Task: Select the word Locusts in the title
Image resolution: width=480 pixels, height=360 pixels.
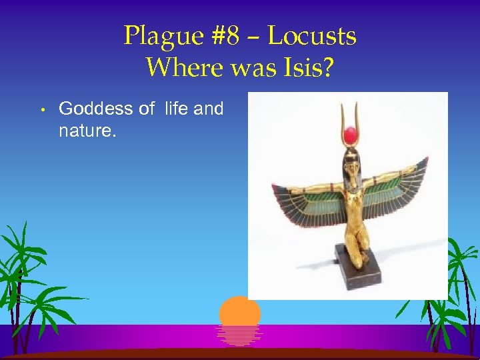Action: point(312,36)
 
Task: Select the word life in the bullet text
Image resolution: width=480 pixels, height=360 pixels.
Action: point(177,109)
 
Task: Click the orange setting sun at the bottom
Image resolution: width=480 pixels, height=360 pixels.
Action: point(240,311)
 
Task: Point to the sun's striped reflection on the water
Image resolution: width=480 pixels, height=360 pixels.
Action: point(240,335)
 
